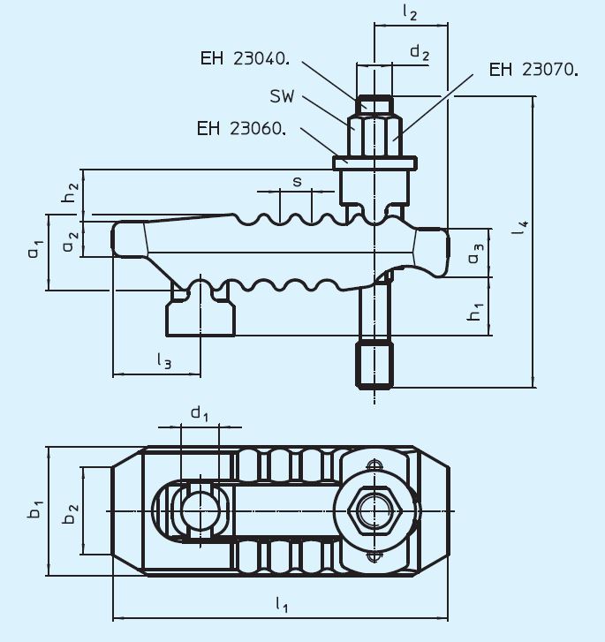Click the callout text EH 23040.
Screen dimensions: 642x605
[x=245, y=59]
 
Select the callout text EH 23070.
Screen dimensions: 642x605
[x=533, y=69]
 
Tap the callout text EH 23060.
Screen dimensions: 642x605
[x=241, y=128]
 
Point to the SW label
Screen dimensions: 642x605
[x=282, y=94]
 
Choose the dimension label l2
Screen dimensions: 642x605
[x=409, y=12]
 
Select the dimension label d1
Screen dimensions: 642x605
[x=200, y=412]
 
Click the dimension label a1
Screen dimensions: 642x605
[x=34, y=251]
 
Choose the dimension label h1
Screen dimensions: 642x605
[x=475, y=310]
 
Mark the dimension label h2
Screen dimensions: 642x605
[x=71, y=193]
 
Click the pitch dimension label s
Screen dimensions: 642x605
[x=297, y=182]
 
